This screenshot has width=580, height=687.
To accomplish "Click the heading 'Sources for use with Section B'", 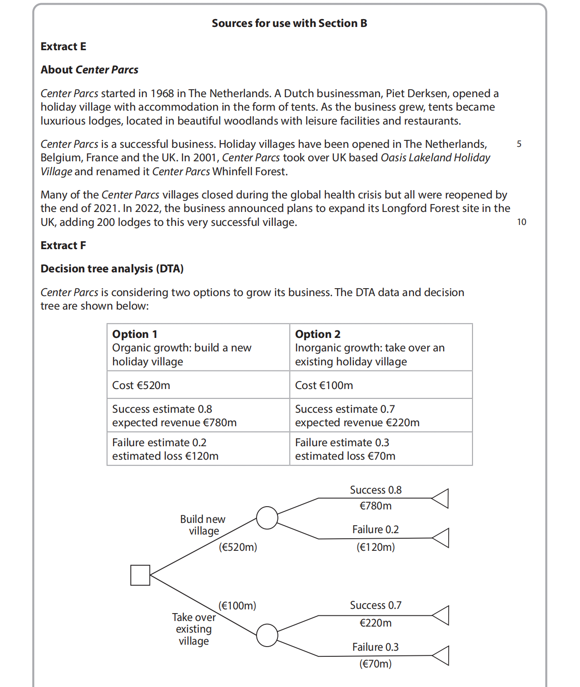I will (289, 23).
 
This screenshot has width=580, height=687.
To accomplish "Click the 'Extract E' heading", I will (63, 46).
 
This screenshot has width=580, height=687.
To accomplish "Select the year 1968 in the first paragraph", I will (162, 93).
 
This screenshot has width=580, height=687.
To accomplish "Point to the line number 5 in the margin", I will (519, 144).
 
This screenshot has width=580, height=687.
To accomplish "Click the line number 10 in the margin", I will (521, 222).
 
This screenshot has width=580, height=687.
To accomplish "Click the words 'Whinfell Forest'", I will (250, 172).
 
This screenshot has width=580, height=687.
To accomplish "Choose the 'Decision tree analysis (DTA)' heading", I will (112, 269).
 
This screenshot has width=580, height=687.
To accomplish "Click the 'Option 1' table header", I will (135, 334).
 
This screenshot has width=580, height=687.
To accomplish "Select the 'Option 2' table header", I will (318, 334).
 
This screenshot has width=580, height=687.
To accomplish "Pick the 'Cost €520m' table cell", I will (141, 385).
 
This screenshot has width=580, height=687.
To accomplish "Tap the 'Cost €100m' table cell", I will (324, 385).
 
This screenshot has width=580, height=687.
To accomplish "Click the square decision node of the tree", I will (140, 575).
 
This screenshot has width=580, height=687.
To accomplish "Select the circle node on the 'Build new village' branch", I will (267, 518).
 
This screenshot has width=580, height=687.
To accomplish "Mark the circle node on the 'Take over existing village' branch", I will (267, 635).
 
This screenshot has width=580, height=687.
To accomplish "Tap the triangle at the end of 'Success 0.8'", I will (441, 498).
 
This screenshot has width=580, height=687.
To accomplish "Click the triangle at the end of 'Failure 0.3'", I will (441, 655).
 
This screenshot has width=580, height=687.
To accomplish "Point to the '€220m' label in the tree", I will (375, 623).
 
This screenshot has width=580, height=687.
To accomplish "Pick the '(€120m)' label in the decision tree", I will (375, 547).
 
